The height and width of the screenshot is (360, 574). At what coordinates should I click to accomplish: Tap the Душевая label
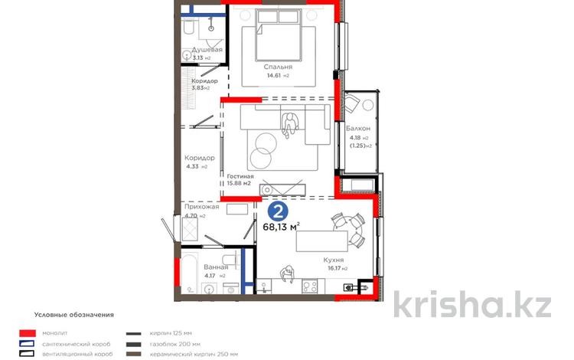coord(207,50)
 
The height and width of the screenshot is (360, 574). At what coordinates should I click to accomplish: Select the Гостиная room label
coord(240,176)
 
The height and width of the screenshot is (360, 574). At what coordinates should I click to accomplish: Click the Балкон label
coord(358,128)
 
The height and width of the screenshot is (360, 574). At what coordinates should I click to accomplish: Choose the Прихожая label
coord(202,207)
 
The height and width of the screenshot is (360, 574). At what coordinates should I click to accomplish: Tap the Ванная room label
coord(194,267)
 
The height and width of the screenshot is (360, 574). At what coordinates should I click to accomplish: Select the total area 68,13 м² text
coord(281,226)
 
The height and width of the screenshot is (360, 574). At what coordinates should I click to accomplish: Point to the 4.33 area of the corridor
coord(192,166)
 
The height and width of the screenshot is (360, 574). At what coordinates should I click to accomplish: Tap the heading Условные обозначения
coord(73,314)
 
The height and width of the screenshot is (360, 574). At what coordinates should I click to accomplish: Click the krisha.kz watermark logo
coord(472,305)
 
